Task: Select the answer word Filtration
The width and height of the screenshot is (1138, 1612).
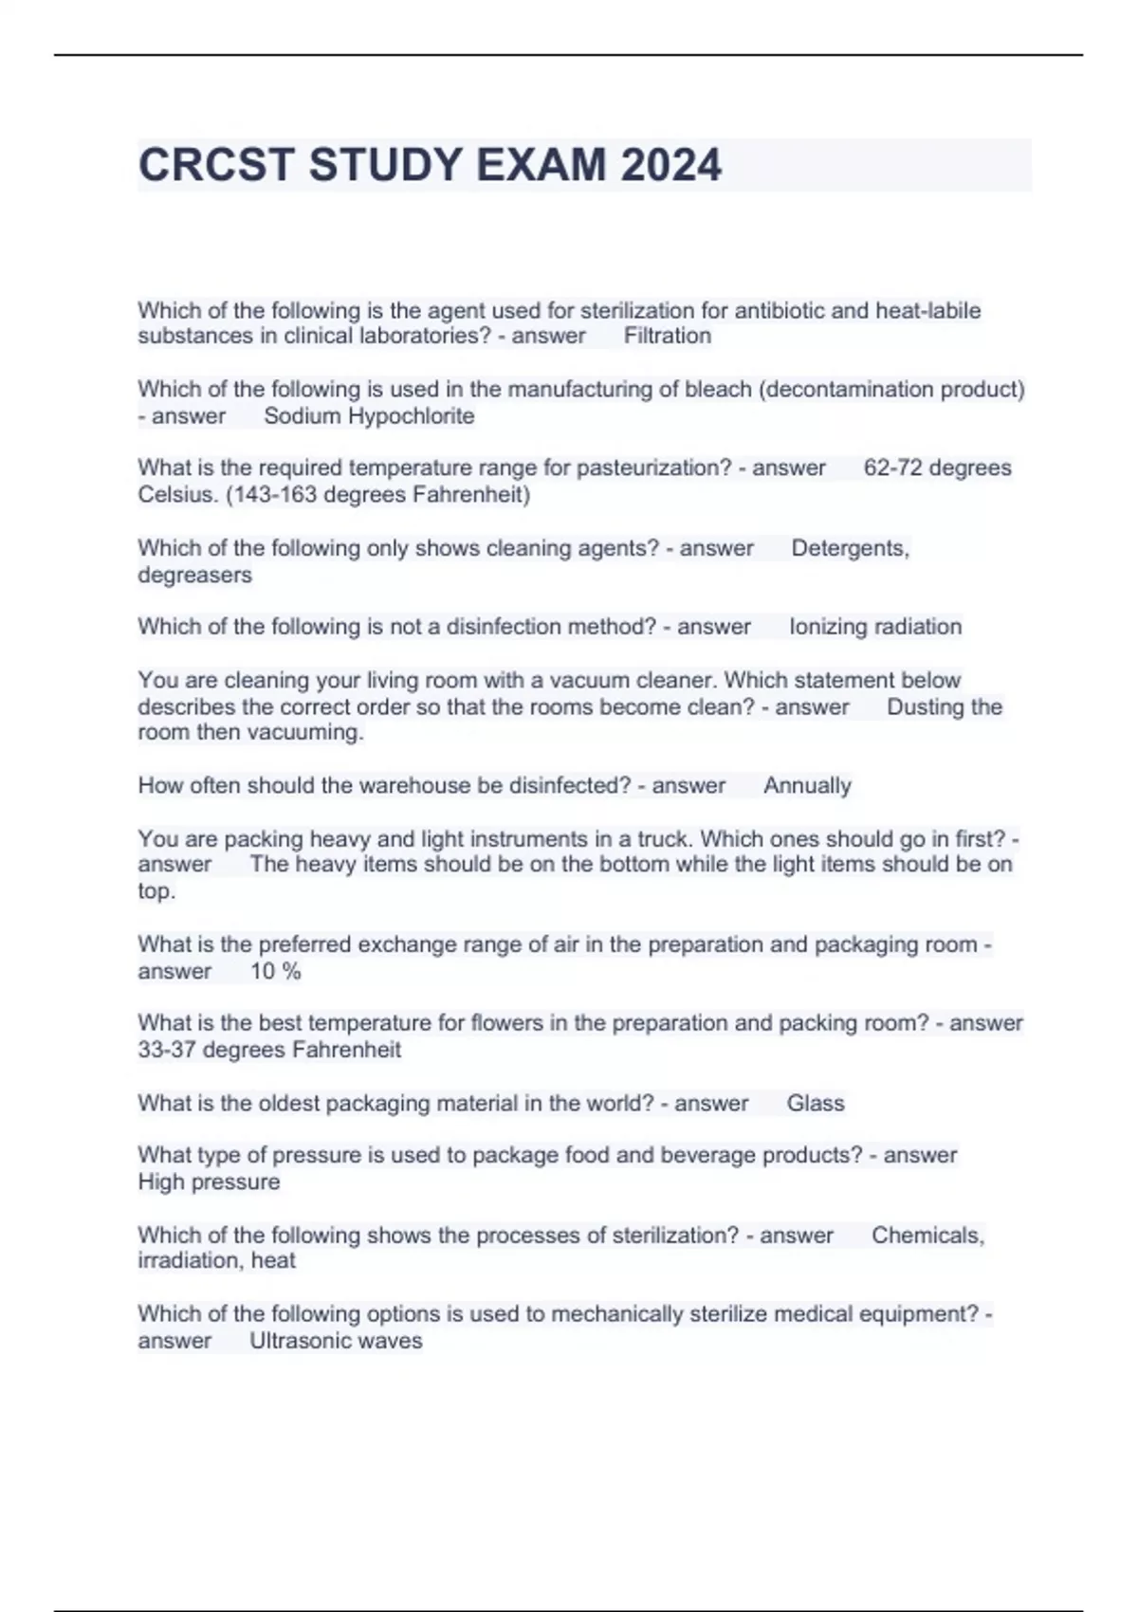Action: [x=667, y=336]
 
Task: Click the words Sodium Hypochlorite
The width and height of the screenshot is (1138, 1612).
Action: [x=369, y=415]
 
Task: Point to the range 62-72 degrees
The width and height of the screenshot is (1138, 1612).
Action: [x=937, y=467]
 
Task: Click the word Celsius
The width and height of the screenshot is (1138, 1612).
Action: [x=176, y=494]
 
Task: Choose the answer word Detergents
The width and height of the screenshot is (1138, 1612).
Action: [x=850, y=548]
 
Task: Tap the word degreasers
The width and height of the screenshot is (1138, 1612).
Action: [x=194, y=575]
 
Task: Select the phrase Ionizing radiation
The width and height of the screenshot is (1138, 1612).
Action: [x=875, y=627]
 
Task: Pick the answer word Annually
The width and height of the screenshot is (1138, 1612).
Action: [x=807, y=785]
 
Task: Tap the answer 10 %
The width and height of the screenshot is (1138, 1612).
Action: [x=275, y=971]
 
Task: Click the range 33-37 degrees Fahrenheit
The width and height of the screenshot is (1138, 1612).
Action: [x=269, y=1050]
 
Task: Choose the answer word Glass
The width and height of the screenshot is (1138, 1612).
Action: [x=815, y=1103]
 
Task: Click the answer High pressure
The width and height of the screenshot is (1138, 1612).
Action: [x=209, y=1182]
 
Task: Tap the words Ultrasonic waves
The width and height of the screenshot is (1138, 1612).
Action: [x=336, y=1341]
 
